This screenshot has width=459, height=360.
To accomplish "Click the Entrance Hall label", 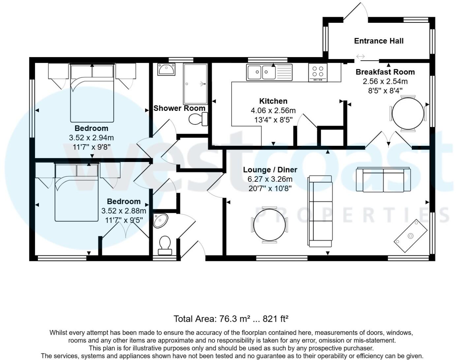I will [x=379, y=41].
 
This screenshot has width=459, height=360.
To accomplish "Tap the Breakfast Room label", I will [x=385, y=72].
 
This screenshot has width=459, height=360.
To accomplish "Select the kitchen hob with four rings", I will [x=318, y=72].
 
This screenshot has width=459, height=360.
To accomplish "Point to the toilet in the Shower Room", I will [x=198, y=119].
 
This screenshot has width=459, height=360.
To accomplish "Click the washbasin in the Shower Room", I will [x=166, y=70].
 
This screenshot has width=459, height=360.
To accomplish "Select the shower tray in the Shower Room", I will [x=195, y=84].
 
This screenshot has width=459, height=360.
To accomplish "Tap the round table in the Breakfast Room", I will [x=408, y=114].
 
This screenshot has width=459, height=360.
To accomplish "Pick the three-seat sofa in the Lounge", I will [x=320, y=211].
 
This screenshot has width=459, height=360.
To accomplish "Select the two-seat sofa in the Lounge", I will [x=383, y=180].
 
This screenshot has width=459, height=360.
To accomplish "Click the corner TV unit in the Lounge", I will [x=411, y=236].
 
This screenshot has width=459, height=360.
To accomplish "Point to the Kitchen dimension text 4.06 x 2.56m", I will [x=273, y=111].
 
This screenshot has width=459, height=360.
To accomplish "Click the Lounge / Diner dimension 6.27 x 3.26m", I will [x=270, y=179].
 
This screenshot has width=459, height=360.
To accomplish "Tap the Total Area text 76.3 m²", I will [x=231, y=319].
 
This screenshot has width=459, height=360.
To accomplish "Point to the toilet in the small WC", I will [x=165, y=245].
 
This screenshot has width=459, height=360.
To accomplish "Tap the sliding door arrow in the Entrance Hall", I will [x=360, y=56].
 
